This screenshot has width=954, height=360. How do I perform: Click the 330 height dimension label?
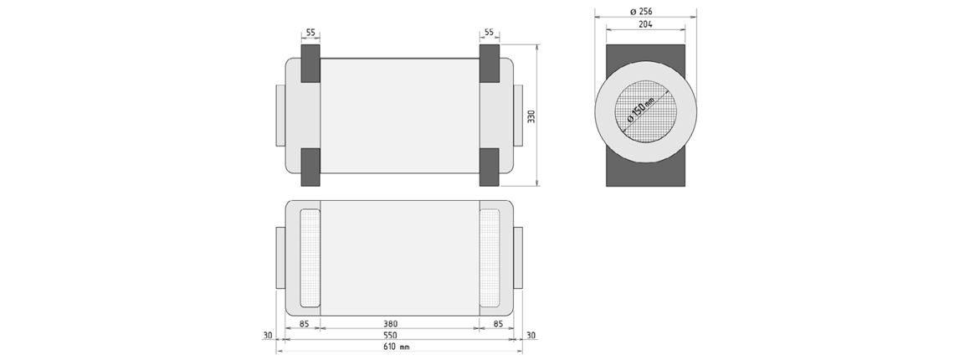531,116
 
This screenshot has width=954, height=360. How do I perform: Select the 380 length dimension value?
391,324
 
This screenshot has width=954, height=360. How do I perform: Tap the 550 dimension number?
391,335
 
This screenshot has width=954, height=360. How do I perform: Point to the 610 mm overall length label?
396,347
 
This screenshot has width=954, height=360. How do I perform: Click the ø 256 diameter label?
642,12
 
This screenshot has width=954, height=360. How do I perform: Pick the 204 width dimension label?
645,24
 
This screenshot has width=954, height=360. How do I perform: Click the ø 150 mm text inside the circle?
641,110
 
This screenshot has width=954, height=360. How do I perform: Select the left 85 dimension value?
305,324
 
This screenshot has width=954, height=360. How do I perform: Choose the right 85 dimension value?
498,324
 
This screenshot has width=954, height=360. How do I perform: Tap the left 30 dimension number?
268,335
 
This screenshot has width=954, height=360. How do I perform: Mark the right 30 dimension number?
531,335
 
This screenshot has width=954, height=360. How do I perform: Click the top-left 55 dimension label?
310,33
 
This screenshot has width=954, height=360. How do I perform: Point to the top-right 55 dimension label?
490,33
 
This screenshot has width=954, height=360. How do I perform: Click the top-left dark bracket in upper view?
310,64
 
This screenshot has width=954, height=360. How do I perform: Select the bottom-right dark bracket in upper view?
490,167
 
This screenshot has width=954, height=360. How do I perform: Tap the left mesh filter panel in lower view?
310,258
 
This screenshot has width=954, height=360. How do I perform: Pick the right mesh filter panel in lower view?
490,258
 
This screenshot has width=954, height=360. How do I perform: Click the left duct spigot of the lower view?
280,258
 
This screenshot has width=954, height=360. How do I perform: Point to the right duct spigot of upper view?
518,116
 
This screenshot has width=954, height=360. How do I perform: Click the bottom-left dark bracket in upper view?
310,167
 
